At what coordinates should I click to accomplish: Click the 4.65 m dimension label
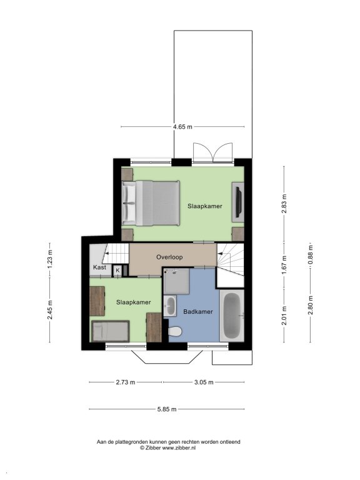pos(182,127)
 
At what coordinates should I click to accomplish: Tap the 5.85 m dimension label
pos(167,409)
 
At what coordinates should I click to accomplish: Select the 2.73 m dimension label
pos(126,382)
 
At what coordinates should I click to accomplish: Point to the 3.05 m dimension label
pos(204,382)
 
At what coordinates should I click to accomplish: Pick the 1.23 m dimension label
pos(50,259)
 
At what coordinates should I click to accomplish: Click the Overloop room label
pos(169,257)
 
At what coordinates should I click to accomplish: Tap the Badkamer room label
pos(198,312)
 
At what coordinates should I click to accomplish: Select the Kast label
pos(99,267)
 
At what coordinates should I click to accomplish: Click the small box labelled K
pos(117,271)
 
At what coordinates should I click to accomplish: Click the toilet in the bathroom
pos(175,331)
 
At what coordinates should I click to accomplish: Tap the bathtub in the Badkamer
pos(232,316)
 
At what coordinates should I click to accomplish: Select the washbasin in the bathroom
pos(170,306)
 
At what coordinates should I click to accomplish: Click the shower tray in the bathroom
pos(176,281)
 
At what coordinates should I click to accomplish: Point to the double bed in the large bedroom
pos(151,203)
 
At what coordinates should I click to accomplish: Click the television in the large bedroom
pos(239,202)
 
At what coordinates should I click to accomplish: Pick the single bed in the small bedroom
pos(111,331)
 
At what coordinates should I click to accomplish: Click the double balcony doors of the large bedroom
pos(212,152)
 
